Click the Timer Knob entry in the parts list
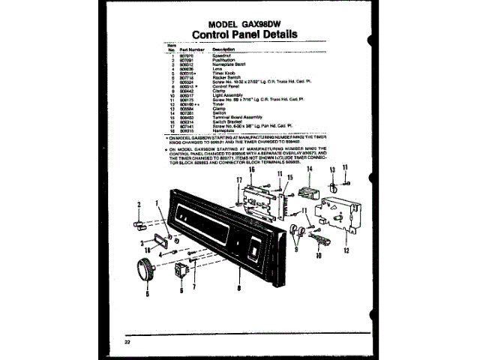click(222, 72)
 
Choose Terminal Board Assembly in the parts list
click(236, 117)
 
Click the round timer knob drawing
click(143, 269)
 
